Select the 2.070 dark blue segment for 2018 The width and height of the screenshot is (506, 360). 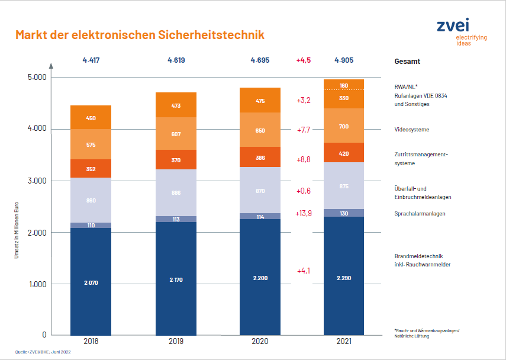pyautogui.click(x=91, y=282)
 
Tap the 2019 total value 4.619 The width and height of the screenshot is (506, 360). pyautogui.click(x=176, y=60)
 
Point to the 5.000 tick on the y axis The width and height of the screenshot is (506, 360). pyautogui.click(x=37, y=78)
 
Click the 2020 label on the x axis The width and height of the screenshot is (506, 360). pyautogui.click(x=260, y=342)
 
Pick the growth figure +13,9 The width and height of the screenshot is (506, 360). pyautogui.click(x=304, y=213)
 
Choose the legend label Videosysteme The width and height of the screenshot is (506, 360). pyautogui.click(x=412, y=129)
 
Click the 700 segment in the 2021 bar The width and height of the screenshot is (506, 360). pyautogui.click(x=344, y=127)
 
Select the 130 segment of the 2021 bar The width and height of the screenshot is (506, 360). pyautogui.click(x=344, y=213)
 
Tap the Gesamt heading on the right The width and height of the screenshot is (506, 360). pyautogui.click(x=407, y=62)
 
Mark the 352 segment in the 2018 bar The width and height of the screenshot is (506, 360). pyautogui.click(x=91, y=168)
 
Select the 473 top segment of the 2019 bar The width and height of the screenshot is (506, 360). pyautogui.click(x=176, y=105)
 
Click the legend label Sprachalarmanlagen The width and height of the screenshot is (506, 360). pyautogui.click(x=420, y=213)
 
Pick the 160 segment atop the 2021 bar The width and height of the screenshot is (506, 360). pyautogui.click(x=344, y=85)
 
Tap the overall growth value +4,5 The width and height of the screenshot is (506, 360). pyautogui.click(x=304, y=60)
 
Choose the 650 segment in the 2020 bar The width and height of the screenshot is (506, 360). pyautogui.click(x=260, y=130)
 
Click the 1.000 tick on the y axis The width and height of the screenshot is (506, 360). pyautogui.click(x=37, y=284)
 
